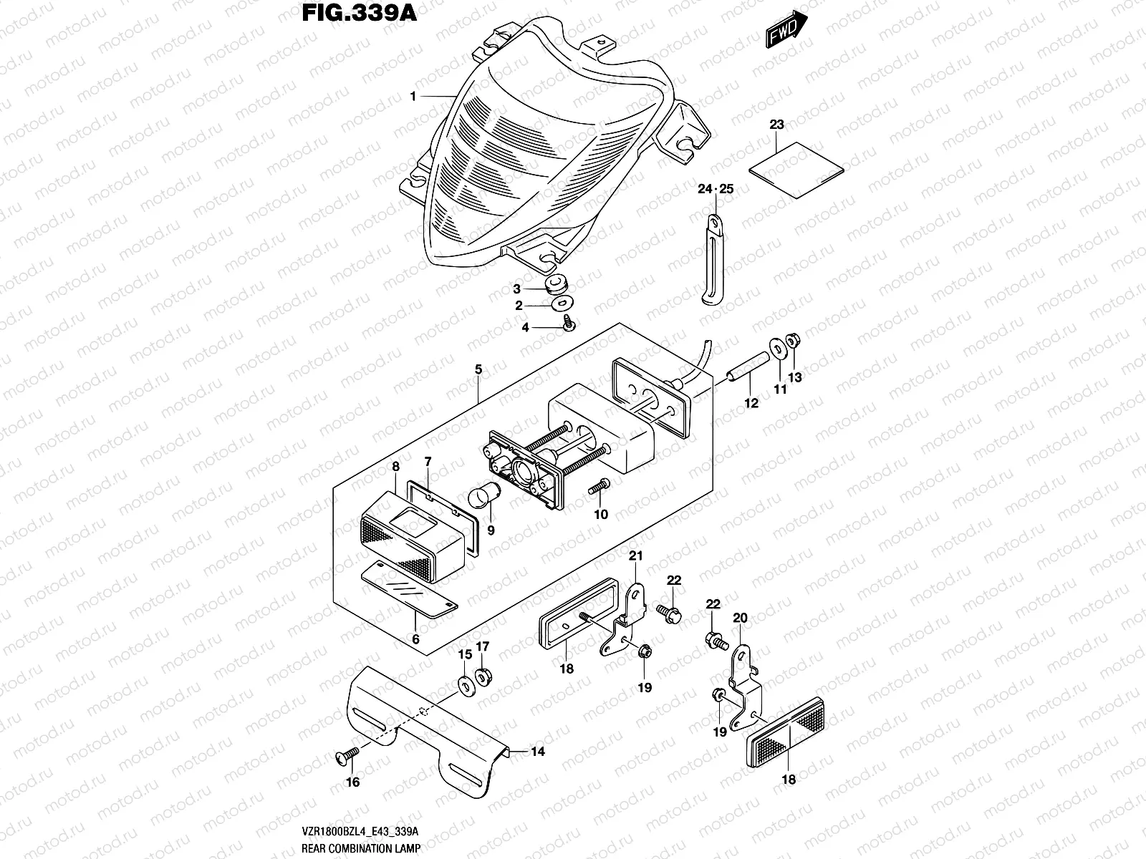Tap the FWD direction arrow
786,31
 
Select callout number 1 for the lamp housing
413,97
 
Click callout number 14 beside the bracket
537,752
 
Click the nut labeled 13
793,341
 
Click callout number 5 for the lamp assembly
478,369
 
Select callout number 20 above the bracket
740,618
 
